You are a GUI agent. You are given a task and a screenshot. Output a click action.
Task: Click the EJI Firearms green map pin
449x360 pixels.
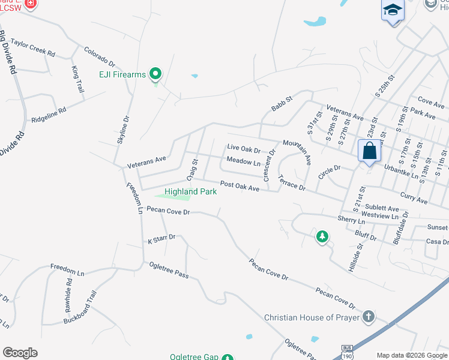click(156, 74)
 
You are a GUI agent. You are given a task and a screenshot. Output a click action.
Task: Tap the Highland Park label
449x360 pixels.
click(190, 191)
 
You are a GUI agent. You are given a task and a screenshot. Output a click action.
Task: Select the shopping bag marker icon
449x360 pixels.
click(369, 151)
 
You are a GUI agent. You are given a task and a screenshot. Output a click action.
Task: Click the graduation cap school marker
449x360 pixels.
click(392, 10)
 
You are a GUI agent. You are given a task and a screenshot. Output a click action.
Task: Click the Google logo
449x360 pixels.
click(20, 353)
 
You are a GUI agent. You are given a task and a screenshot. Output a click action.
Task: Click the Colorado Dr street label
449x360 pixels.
click(99, 56)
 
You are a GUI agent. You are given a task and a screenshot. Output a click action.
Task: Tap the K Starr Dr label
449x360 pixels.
click(161, 238)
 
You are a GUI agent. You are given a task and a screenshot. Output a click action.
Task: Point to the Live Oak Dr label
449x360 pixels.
click(243, 149)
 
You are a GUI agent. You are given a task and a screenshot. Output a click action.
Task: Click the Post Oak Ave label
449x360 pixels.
click(239, 187)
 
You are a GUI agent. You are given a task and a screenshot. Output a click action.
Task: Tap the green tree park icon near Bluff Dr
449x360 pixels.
click(322, 237)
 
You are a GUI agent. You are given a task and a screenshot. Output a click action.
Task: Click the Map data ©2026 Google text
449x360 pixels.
click(411, 354)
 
